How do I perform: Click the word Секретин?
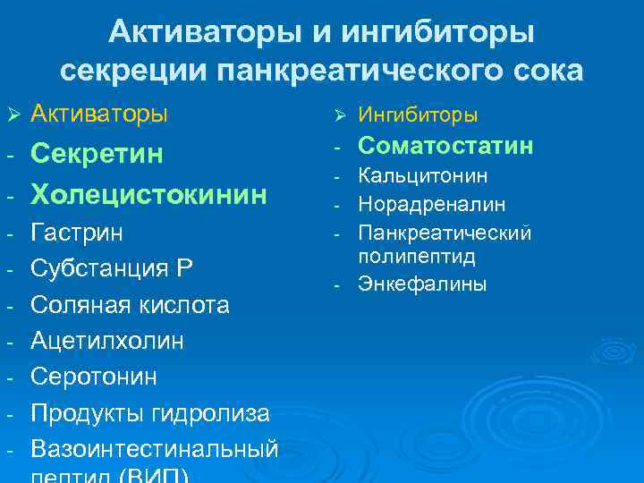click(97, 154)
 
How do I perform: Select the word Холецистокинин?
click(148, 193)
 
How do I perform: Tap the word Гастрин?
click(77, 233)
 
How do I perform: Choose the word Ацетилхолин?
click(107, 341)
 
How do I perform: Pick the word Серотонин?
click(94, 377)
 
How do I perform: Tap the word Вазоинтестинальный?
click(155, 448)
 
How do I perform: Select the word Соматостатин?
click(445, 145)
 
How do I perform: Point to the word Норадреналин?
click(431, 205)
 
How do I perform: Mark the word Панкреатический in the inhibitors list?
click(445, 233)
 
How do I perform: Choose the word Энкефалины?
click(422, 284)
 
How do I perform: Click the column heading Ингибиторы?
click(418, 115)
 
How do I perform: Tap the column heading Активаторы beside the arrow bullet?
click(98, 114)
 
